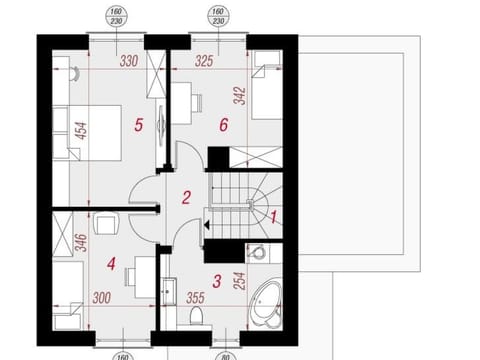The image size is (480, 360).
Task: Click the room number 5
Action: pyautogui.click(x=138, y=124)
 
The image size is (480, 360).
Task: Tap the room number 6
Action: pyautogui.click(x=223, y=124)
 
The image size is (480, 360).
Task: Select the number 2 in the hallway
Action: pyautogui.click(x=186, y=197)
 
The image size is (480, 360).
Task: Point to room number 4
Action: pyautogui.click(x=111, y=264)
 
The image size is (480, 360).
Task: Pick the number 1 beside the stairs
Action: pyautogui.click(x=275, y=213)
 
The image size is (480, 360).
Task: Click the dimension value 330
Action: pyautogui.click(x=128, y=62)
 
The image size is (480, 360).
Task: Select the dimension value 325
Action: pyautogui.click(x=205, y=62)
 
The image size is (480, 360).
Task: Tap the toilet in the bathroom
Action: pyautogui.click(x=196, y=317)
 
